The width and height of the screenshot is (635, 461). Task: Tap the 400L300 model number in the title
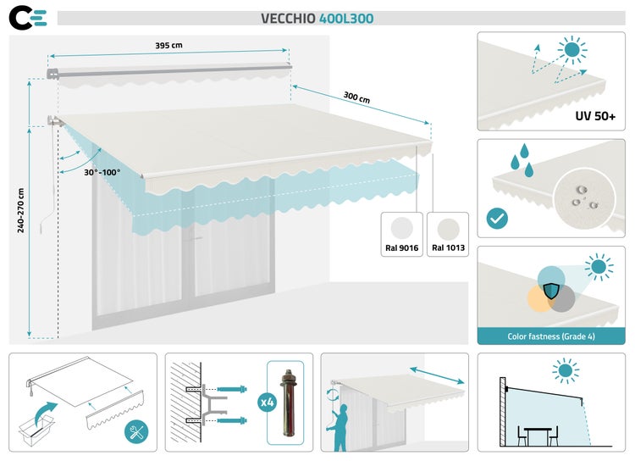346,19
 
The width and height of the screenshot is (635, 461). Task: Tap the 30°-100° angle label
102,172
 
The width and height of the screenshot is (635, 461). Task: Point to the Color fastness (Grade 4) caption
549,336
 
